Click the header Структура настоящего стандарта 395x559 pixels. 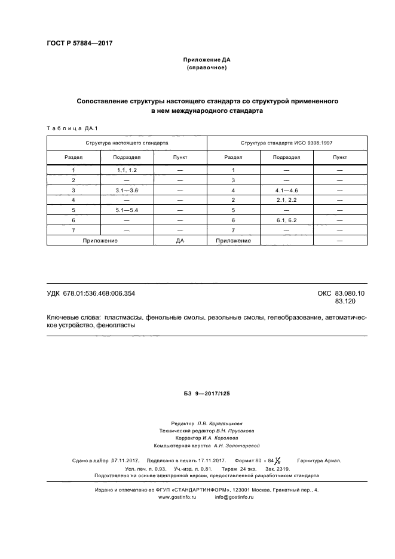(x=127, y=143)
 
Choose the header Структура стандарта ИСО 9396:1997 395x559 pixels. (x=287, y=143)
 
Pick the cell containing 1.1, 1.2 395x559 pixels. (x=127, y=170)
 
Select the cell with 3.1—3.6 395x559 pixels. (x=127, y=189)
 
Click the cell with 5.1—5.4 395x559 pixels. (x=127, y=210)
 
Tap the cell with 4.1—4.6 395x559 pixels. (x=287, y=189)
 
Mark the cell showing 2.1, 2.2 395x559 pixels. (x=287, y=199)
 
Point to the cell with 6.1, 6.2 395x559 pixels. (x=287, y=220)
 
